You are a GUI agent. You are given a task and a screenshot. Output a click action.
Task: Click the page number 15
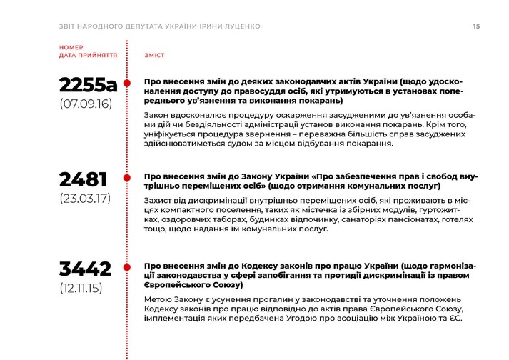coord(476,26)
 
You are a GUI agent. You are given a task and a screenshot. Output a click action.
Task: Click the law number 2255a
coord(88,85)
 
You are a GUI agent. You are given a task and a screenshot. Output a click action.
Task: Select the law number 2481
coord(84,179)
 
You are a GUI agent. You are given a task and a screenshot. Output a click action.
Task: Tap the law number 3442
coord(86,269)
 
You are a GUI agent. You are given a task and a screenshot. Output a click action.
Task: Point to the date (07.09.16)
coord(86,104)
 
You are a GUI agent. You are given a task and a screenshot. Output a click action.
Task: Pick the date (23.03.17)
coord(85,199)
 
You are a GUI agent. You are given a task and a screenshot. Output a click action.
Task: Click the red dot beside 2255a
coord(127,83)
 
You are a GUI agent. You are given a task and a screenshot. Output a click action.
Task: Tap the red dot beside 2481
coord(127,177)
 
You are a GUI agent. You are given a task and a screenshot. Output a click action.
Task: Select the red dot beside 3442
coord(127,268)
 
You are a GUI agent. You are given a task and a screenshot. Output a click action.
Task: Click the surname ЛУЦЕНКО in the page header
coord(241,26)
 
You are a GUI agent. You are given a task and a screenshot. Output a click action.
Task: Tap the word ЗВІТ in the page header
coord(69,26)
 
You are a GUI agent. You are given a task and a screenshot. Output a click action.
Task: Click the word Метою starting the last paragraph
coord(159,299)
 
